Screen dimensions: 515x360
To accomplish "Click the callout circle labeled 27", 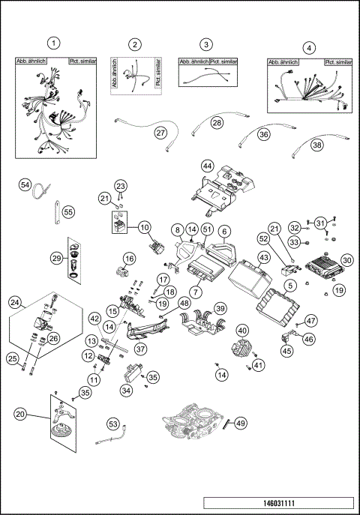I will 160,132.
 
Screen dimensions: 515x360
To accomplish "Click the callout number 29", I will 56,257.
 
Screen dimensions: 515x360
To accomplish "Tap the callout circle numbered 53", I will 113,425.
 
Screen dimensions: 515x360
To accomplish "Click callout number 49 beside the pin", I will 240,424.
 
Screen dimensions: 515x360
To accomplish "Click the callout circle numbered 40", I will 242,331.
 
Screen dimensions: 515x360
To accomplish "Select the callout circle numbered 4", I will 310,46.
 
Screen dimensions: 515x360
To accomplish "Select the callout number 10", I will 145,226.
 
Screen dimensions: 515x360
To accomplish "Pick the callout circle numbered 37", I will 140,349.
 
